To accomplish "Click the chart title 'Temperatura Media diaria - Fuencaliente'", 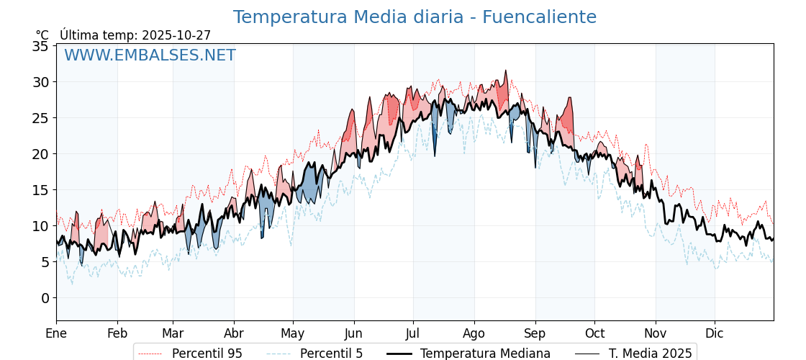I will [415, 17].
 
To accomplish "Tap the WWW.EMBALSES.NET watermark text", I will [150, 55].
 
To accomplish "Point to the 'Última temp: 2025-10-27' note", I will [135, 35].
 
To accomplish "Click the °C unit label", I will [42, 35].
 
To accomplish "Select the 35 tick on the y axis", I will [40, 46].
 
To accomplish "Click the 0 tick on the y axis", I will [45, 298].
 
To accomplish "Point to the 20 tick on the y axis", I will [40, 154].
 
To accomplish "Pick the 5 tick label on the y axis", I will [45, 262].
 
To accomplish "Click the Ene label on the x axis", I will [56, 333].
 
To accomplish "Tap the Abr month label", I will [234, 333].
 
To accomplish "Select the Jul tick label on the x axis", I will [413, 333].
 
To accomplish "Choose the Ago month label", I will [474, 333].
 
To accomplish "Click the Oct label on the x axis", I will [594, 333].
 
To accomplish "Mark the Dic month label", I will [715, 333].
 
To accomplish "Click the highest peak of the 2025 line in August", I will [506, 71].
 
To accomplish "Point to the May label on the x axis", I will [293, 333].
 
